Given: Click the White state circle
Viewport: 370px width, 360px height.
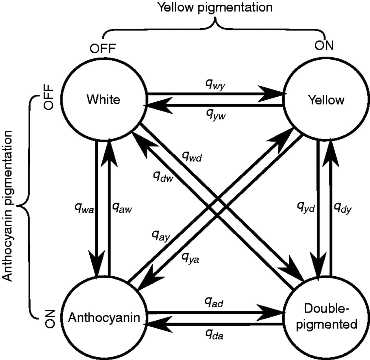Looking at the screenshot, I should coord(103,99).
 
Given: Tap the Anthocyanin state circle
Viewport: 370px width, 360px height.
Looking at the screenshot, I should coord(104,317).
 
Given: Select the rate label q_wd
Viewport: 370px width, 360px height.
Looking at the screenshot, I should coord(192,157).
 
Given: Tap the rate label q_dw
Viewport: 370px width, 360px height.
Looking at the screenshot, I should coord(163,176).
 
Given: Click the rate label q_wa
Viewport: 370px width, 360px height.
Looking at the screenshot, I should coord(84,208).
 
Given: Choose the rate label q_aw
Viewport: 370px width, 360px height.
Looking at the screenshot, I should coord(122,208).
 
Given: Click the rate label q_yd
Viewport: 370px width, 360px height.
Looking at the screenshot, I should coord(306,207).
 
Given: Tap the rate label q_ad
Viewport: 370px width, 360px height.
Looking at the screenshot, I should coord(214,302).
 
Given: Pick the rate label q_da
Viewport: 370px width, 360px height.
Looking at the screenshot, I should coord(214,335).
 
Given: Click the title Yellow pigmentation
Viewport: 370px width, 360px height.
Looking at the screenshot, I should coord(214,7).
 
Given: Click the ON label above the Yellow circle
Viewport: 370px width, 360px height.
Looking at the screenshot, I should coord(324,45).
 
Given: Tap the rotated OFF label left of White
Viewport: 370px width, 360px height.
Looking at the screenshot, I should coord(48,97).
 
